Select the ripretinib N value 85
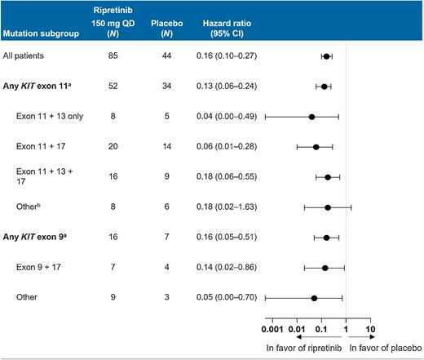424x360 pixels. click(100, 56)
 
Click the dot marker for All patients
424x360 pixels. click(327, 56)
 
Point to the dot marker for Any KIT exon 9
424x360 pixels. click(327, 238)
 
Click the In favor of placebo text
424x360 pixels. click(386, 348)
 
